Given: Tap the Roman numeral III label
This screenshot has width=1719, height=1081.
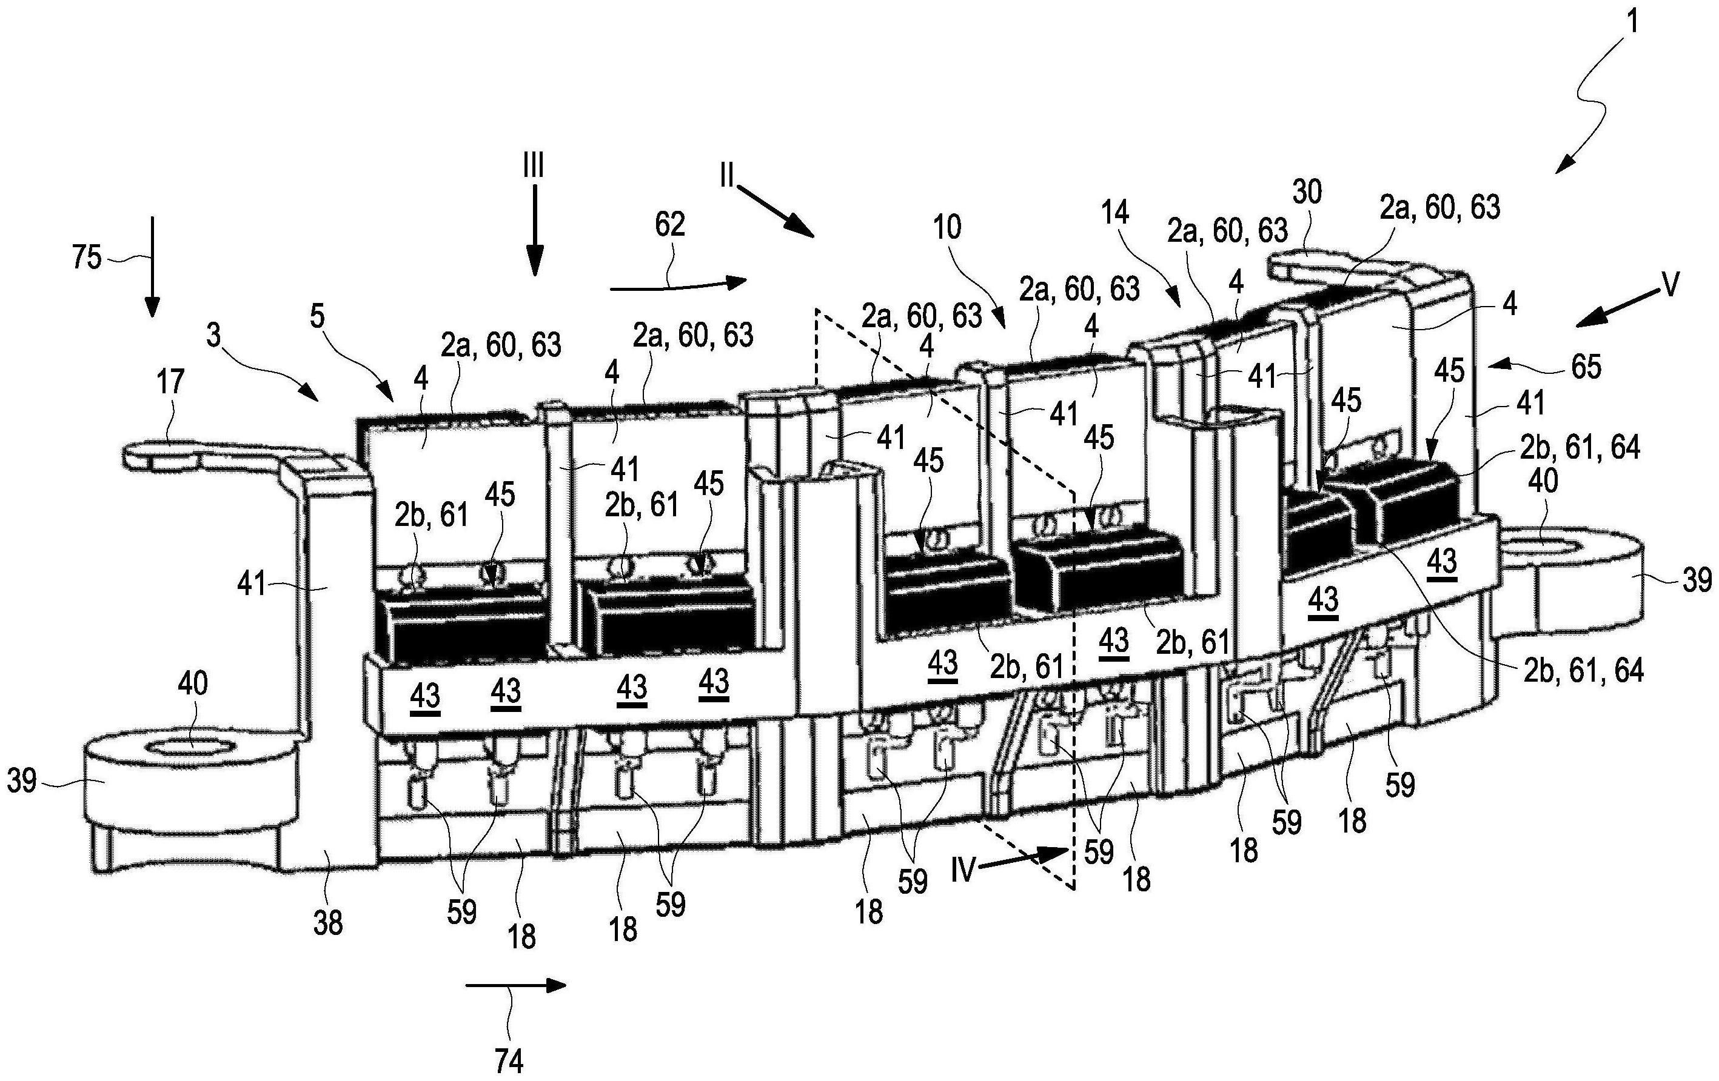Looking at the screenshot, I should point(532,167).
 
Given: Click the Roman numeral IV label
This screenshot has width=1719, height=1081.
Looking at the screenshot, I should point(962,871).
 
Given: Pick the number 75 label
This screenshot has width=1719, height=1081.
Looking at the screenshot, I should point(86,258).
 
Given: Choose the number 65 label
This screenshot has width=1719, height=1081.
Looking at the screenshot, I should point(1586,367).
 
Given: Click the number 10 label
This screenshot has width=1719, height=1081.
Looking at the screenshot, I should point(947,228).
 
